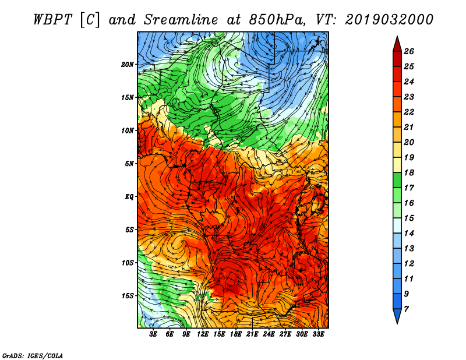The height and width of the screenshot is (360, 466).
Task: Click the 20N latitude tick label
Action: [127, 65]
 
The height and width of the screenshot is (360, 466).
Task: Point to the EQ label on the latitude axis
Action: [129, 197]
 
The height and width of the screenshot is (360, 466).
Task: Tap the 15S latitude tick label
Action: [127, 296]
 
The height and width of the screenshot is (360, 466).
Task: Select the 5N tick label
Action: [129, 164]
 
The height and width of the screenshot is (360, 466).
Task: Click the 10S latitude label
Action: [127, 263]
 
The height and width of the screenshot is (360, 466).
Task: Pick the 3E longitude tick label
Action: [153, 334]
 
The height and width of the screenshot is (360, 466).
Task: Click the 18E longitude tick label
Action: [236, 334]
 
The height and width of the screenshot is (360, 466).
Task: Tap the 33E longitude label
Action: [318, 334]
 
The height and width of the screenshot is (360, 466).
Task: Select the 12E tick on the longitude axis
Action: [203, 334]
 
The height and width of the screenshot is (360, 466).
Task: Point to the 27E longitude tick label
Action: [285, 334]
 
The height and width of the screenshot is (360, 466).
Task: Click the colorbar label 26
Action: [409, 51]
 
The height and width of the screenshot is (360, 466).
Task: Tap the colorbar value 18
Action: [409, 172]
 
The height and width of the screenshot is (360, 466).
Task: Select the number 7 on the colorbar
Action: [406, 309]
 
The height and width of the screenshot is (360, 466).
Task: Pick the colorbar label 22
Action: [409, 112]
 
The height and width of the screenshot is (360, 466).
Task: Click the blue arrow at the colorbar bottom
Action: [397, 316]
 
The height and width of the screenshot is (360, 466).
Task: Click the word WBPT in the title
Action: [52, 20]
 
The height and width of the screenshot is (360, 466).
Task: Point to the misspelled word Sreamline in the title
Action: [181, 20]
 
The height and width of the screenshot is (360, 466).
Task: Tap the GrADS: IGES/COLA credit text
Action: [33, 355]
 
